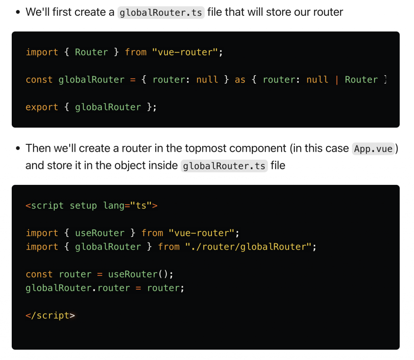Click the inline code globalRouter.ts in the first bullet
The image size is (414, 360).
pos(161,12)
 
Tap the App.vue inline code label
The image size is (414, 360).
pos(373,149)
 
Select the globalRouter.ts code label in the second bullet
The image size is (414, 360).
pos(224,166)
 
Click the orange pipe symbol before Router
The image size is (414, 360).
pos(336,80)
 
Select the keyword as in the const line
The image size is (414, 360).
pos(240,80)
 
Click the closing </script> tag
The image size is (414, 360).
pos(50,316)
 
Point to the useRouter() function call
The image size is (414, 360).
pos(140,274)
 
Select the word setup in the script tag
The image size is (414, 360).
pos(83,205)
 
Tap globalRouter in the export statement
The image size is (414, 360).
pos(108,107)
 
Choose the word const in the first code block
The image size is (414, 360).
pos(39,80)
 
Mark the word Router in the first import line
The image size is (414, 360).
pos(91,52)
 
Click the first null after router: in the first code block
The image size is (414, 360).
pos(207,80)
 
